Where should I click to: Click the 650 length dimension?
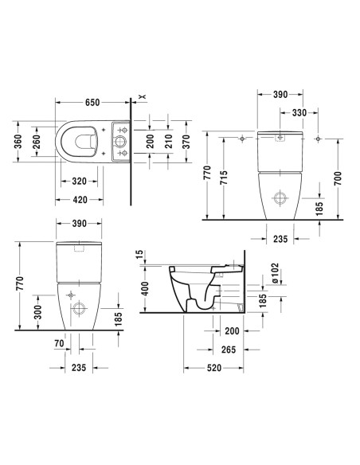click(92, 102)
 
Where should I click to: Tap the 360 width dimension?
click(18, 142)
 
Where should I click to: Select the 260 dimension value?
click(36, 142)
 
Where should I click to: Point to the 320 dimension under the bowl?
click(79, 181)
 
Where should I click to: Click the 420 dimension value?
click(80, 200)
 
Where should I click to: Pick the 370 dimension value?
click(186, 142)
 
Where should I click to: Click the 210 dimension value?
click(168, 142)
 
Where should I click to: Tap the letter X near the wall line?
click(143, 96)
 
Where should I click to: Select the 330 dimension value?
click(299, 113)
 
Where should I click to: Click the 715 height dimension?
click(224, 178)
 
